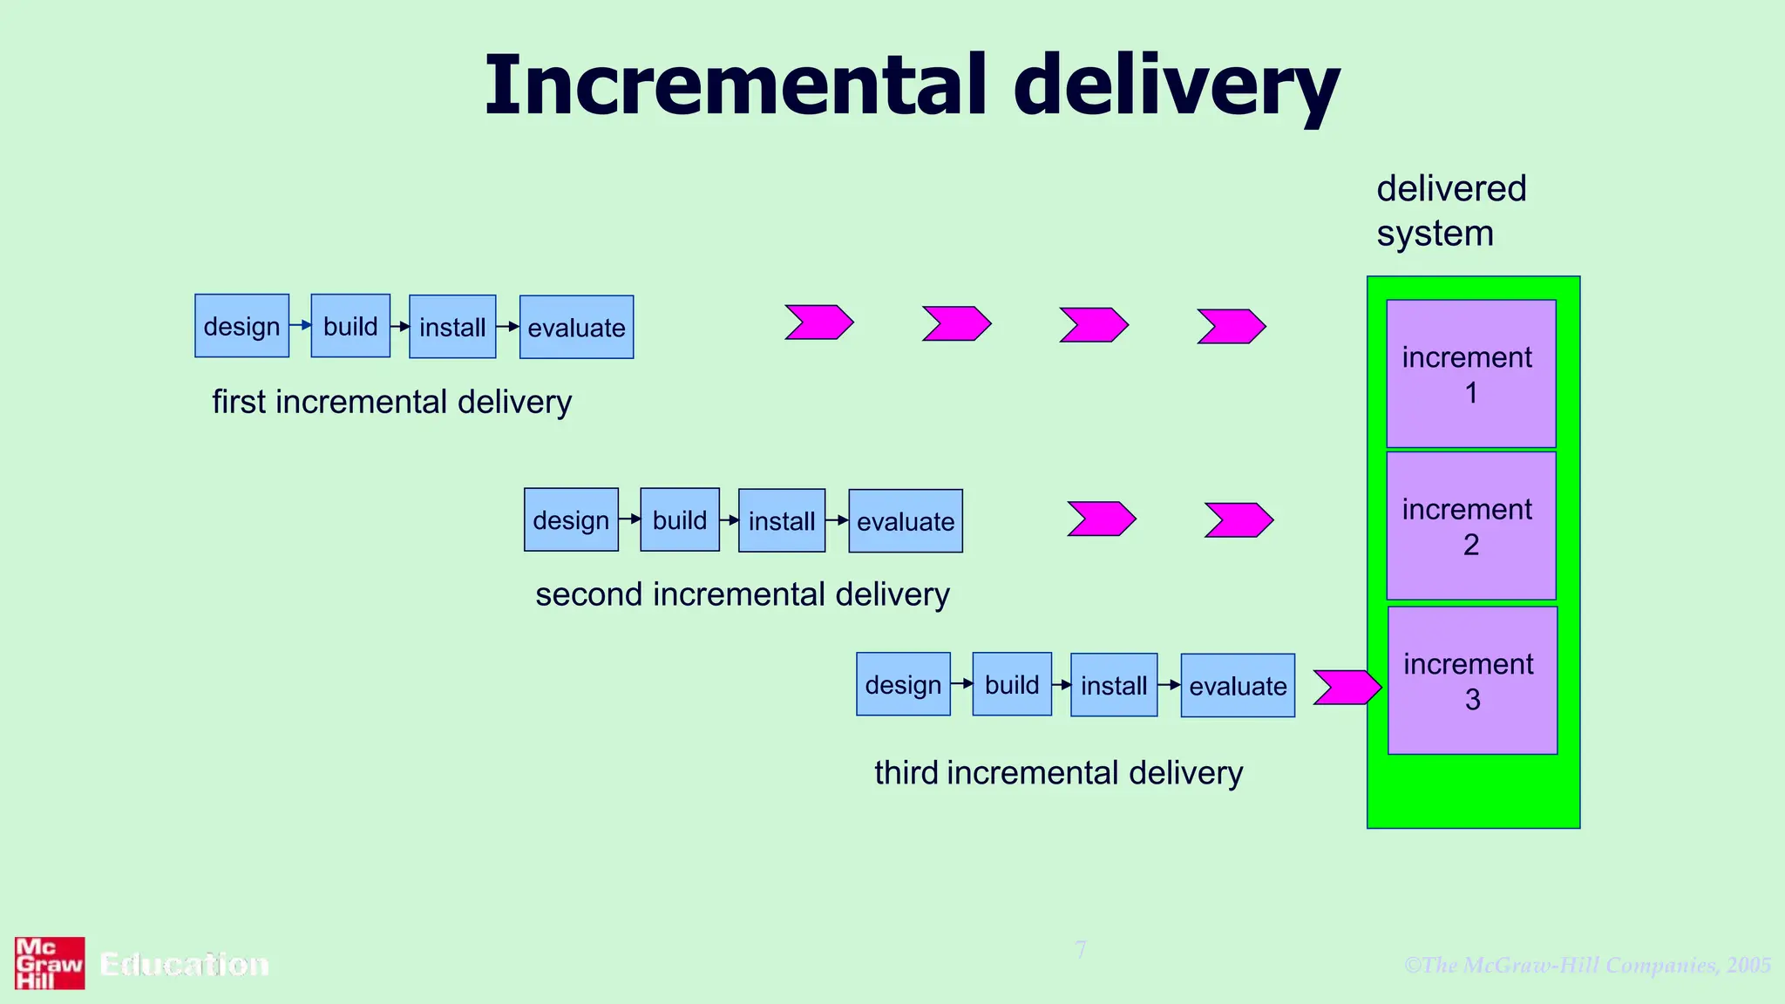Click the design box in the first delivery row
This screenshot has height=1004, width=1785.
click(241, 326)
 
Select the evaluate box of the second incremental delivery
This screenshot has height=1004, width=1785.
click(906, 521)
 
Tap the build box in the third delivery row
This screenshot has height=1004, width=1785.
click(1012, 684)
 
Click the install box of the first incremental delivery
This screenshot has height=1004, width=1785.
click(452, 327)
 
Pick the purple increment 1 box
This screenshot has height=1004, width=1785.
click(1470, 374)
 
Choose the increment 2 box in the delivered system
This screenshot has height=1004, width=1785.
click(1470, 526)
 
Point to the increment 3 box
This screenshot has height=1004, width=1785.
click(1471, 681)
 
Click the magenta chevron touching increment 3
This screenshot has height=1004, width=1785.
click(1347, 687)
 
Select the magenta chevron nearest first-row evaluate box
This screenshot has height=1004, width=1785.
click(818, 322)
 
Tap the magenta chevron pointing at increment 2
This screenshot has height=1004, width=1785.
click(1239, 519)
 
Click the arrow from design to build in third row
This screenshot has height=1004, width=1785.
click(961, 684)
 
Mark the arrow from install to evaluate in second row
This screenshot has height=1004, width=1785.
click(837, 520)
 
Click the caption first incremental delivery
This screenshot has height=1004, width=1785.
click(391, 402)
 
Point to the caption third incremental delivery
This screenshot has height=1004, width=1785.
click(1058, 773)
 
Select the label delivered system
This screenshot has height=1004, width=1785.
click(1450, 211)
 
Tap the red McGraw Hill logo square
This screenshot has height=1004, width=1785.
click(50, 963)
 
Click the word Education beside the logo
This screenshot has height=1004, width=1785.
click(184, 964)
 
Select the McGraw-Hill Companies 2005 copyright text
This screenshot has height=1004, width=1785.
click(1587, 965)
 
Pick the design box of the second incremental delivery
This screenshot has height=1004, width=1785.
click(571, 520)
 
